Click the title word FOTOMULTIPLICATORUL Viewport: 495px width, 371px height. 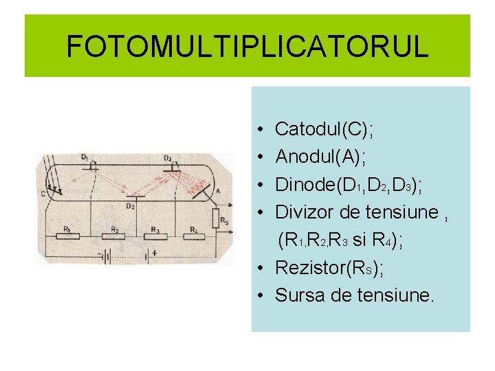(x=247, y=47)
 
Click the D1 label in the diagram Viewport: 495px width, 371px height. (x=84, y=157)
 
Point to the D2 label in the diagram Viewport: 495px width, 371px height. (x=131, y=205)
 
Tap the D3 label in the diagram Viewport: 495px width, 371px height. (x=168, y=157)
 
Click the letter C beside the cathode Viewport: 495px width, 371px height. (x=43, y=194)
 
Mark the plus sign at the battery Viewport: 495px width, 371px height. (x=154, y=252)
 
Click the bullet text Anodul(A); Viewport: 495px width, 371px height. (x=320, y=157)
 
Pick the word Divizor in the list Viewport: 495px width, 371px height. (x=302, y=212)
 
